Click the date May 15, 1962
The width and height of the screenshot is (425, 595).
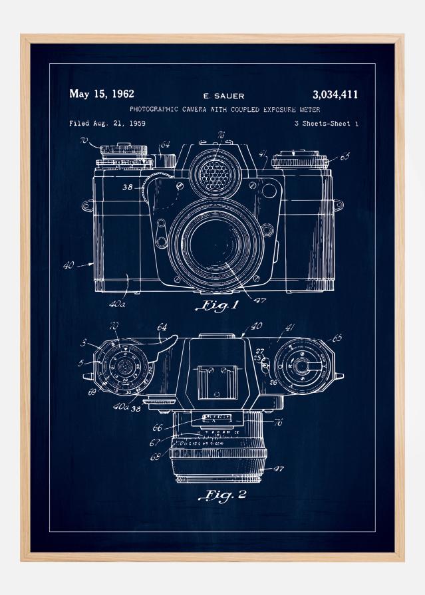click(x=101, y=94)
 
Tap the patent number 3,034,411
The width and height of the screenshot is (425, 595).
click(x=335, y=94)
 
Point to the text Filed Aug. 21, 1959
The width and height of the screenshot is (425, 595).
click(x=108, y=124)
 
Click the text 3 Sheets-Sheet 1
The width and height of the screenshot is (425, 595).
click(x=326, y=124)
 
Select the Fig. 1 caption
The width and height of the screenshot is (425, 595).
click(x=217, y=306)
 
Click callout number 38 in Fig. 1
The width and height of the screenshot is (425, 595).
click(x=128, y=188)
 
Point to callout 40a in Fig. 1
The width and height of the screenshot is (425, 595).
click(x=118, y=304)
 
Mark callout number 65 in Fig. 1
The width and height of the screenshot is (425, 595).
click(x=345, y=158)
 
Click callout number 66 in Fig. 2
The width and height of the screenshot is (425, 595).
click(x=158, y=428)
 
